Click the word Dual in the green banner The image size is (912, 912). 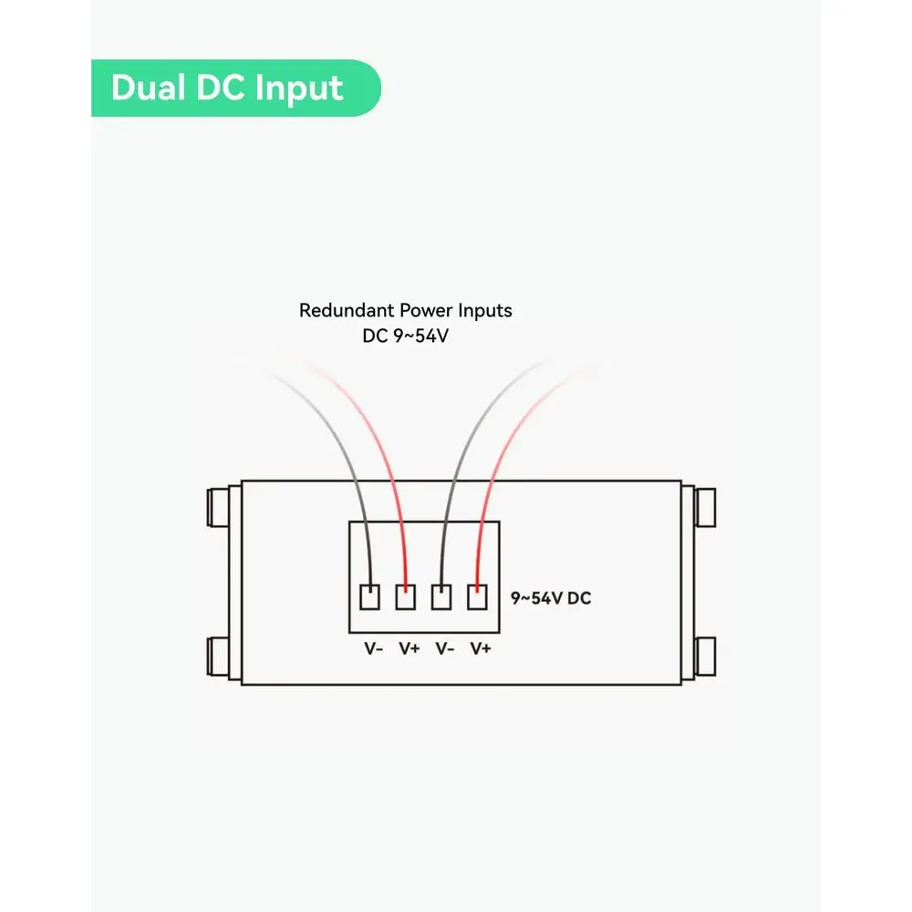click(149, 88)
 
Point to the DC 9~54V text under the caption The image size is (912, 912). click(406, 336)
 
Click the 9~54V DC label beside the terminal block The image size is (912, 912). click(550, 598)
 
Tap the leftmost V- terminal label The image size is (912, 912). click(373, 648)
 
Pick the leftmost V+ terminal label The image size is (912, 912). click(409, 648)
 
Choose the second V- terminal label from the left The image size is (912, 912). click(445, 648)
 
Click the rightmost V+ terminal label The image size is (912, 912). click(481, 648)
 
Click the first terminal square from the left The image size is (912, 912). click(370, 597)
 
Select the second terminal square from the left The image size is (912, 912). click(406, 597)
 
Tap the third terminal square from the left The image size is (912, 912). click(441, 597)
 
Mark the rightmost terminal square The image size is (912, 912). click(478, 597)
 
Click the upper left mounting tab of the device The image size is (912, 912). click(218, 508)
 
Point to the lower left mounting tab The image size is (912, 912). click(218, 657)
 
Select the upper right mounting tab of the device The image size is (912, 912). click(705, 508)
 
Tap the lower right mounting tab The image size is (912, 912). click(705, 657)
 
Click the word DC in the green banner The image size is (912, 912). click(220, 88)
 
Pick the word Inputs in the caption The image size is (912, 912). click(485, 311)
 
